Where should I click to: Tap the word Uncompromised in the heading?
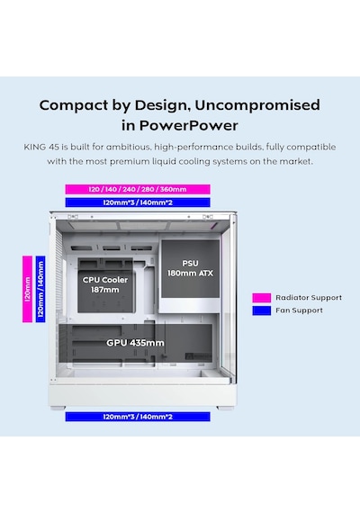[257, 105]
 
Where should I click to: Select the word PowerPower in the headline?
[188, 125]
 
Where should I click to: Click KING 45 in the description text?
[41, 147]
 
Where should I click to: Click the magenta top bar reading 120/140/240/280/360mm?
[138, 189]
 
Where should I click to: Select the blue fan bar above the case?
[138, 202]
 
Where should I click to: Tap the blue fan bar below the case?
[138, 417]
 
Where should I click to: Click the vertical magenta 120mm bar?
[28, 289]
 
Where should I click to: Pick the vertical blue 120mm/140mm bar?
[40, 289]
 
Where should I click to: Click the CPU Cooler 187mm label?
[105, 284]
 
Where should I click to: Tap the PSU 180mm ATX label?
[190, 268]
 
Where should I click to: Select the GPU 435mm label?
[135, 343]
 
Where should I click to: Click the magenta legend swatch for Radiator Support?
[262, 298]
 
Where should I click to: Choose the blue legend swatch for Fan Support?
[262, 310]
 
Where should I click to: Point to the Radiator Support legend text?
[309, 298]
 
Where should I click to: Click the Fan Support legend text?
[299, 310]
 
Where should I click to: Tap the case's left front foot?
[58, 408]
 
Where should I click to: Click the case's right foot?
[225, 408]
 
